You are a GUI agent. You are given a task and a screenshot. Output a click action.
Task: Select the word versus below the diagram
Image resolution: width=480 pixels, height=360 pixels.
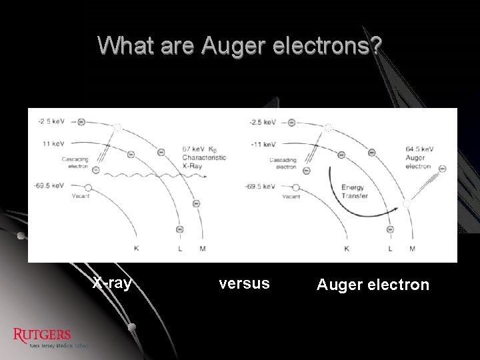245,283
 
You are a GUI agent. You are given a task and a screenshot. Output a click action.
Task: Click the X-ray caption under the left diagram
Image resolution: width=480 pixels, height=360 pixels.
112,283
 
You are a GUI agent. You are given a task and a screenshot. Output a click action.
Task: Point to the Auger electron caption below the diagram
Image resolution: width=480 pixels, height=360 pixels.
373,285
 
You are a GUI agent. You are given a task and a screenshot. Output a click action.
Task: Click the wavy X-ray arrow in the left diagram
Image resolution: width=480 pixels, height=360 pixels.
153,175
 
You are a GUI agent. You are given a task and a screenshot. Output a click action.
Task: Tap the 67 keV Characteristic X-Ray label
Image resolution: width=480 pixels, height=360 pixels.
203,157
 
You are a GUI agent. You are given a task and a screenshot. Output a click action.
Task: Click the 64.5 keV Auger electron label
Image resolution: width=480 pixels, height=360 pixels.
419,157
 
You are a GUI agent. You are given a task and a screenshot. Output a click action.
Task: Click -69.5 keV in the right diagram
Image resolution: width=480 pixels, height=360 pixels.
261,186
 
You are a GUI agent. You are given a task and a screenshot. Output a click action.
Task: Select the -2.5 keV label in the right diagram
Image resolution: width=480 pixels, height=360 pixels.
262,122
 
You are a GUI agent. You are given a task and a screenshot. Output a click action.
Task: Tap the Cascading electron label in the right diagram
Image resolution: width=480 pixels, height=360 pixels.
283,163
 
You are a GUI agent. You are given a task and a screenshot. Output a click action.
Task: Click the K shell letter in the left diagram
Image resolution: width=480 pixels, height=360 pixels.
137,249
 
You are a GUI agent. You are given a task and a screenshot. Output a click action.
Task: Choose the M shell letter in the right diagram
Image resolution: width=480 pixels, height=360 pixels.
412,249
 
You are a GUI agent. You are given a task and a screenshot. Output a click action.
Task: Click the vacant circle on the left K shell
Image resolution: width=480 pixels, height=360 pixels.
88,188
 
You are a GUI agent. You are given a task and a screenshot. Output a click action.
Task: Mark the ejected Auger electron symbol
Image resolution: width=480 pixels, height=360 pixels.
442,169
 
